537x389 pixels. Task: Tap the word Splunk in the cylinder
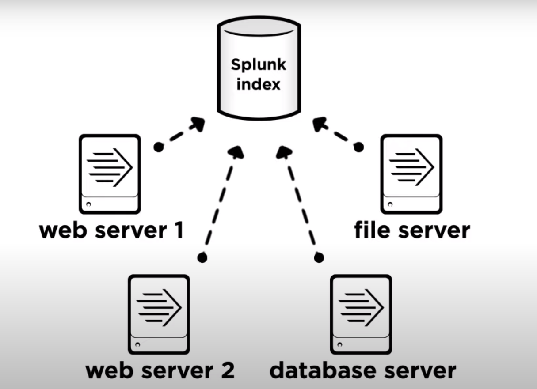click(259, 65)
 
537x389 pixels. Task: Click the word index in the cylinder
click(259, 84)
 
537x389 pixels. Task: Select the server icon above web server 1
click(110, 174)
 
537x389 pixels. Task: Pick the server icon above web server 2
click(159, 314)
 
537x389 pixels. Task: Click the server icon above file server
click(411, 174)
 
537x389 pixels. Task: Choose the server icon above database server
click(361, 314)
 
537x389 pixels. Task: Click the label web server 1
click(111, 230)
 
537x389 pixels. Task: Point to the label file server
click(411, 230)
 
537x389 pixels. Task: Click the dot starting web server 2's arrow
click(202, 257)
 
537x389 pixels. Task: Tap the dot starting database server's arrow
click(319, 257)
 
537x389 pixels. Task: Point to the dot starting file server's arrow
click(359, 147)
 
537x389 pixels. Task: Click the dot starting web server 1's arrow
click(158, 147)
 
